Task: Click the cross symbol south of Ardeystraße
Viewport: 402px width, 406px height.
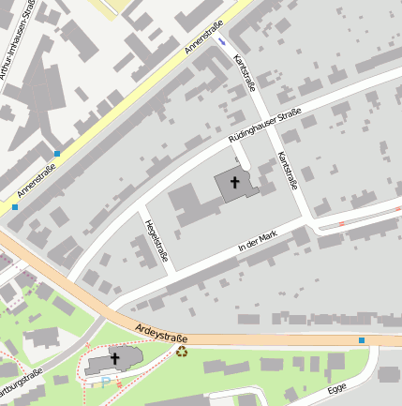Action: [115, 358]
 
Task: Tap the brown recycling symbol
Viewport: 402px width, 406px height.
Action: [182, 352]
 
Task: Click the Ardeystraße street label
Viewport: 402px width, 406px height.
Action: [161, 332]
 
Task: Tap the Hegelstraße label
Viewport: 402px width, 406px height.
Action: [154, 239]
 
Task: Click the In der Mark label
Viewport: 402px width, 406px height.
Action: [258, 241]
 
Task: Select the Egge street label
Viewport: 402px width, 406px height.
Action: [337, 387]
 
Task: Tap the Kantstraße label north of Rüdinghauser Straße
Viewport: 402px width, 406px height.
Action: [245, 74]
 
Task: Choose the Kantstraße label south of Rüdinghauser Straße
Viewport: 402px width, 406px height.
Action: [287, 172]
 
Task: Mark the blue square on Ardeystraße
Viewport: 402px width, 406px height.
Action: [362, 339]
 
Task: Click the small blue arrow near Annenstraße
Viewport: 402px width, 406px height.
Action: [222, 41]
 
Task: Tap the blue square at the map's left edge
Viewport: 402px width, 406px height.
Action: [15, 206]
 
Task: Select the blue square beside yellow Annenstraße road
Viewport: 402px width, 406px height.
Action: [57, 153]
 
